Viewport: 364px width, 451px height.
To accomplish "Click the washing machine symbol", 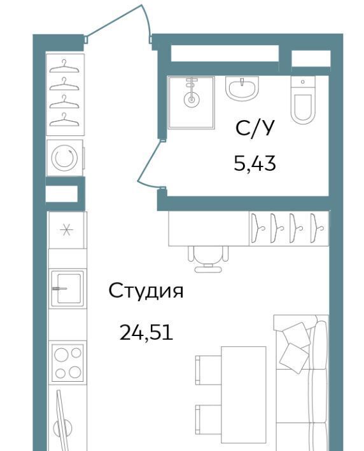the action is [x=65, y=158].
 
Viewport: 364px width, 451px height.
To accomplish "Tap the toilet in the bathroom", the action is [x=302, y=100].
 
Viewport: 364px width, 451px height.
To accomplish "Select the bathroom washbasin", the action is [x=242, y=88].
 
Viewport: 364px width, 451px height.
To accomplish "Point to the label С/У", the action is [x=254, y=128].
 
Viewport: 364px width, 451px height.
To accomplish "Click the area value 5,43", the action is [x=255, y=164].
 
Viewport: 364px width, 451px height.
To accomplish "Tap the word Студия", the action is [x=146, y=291].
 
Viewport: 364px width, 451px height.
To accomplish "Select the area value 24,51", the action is [x=146, y=332].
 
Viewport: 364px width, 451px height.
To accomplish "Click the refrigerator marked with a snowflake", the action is [x=67, y=230].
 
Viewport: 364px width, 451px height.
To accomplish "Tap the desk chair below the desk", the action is [x=208, y=259].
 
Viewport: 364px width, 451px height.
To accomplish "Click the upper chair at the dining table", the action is [x=208, y=370].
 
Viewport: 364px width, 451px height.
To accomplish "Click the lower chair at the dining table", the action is [x=208, y=419].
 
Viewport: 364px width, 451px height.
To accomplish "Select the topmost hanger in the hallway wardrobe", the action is [x=64, y=67].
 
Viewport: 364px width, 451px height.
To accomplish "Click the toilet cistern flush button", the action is [x=303, y=82].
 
